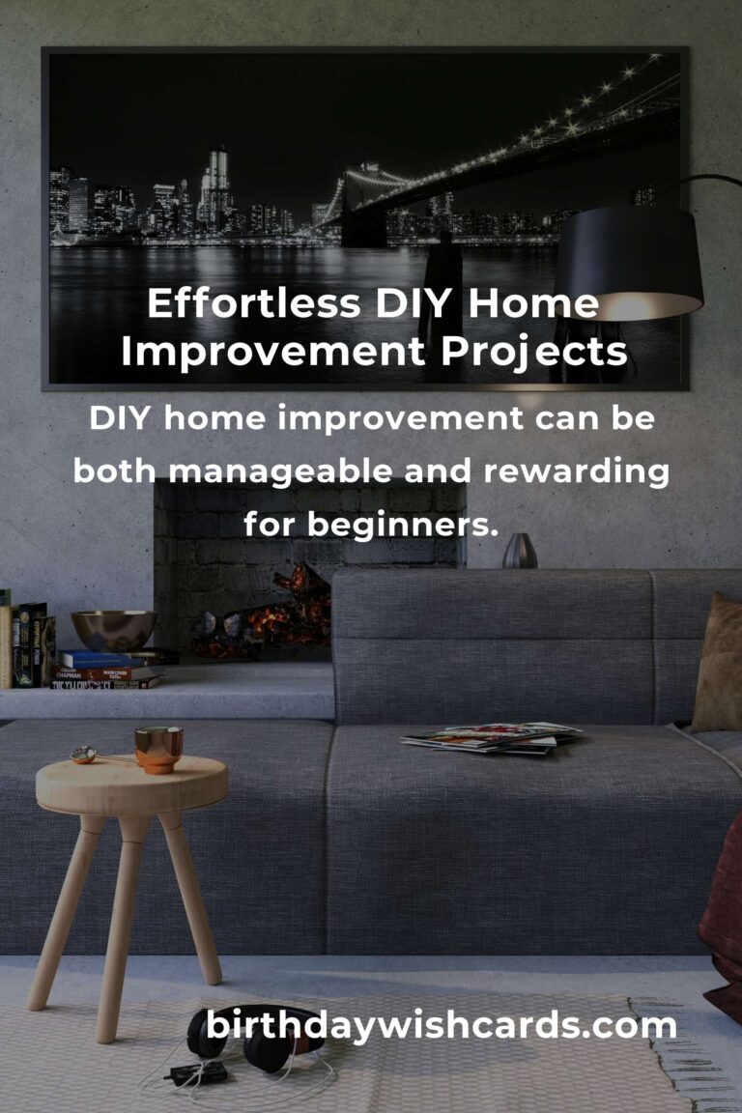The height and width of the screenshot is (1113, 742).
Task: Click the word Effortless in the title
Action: click(x=253, y=303)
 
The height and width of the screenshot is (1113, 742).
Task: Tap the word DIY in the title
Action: click(x=414, y=303)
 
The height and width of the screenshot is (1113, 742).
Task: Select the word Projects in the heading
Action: click(x=534, y=353)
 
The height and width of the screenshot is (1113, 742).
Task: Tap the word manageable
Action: click(x=280, y=472)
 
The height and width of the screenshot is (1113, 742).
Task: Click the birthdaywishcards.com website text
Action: click(x=441, y=1026)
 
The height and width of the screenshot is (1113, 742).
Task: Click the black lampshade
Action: click(x=629, y=263)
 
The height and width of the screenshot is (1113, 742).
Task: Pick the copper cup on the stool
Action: click(x=158, y=749)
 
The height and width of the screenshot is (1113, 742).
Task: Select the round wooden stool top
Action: click(x=132, y=785)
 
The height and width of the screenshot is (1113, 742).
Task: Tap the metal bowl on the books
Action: click(x=114, y=630)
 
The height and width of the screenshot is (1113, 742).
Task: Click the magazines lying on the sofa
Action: click(x=492, y=737)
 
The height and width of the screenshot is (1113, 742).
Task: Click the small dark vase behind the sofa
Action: click(x=520, y=551)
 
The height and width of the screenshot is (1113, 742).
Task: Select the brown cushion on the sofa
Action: click(x=719, y=664)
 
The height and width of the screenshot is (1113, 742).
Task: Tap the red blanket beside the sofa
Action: click(x=724, y=923)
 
